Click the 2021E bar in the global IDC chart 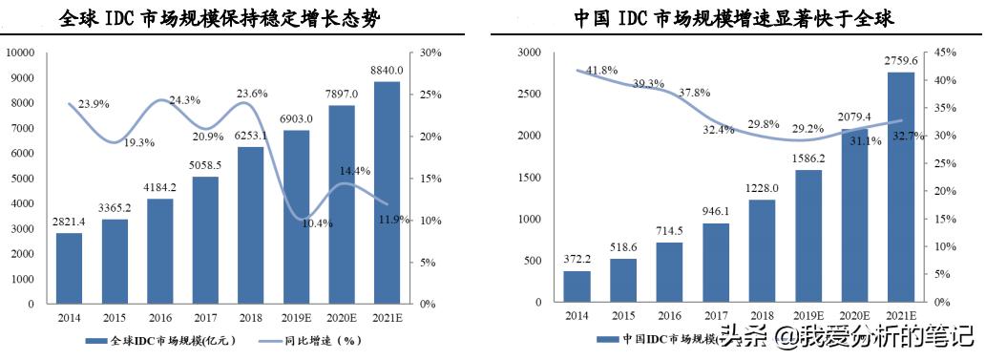coord(387,191)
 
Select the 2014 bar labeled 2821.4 coord(69,268)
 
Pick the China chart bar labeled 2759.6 coord(900,186)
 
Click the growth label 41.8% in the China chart coord(601,70)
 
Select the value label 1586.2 coord(808,159)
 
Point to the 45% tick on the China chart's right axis coord(942,53)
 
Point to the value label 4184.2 coord(159,186)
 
